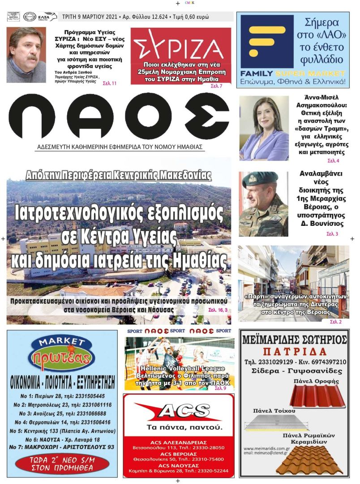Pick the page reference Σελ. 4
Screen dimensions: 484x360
pyautogui.click(x=333, y=160)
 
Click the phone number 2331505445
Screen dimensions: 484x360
pyautogui.click(x=82, y=396)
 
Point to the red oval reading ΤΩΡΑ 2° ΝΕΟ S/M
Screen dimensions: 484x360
pyautogui.click(x=62, y=464)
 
